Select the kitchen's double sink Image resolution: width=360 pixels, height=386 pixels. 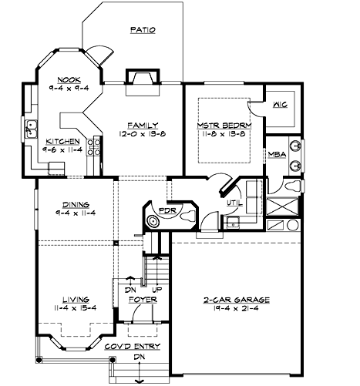coord(32,127)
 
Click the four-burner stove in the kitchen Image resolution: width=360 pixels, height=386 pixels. coord(95,146)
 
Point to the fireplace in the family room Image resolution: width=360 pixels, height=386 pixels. coord(142,78)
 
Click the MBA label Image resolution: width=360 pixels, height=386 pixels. coord(278,154)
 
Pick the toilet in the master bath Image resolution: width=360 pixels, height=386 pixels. coord(296,186)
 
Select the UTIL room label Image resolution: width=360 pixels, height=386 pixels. coord(234,202)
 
